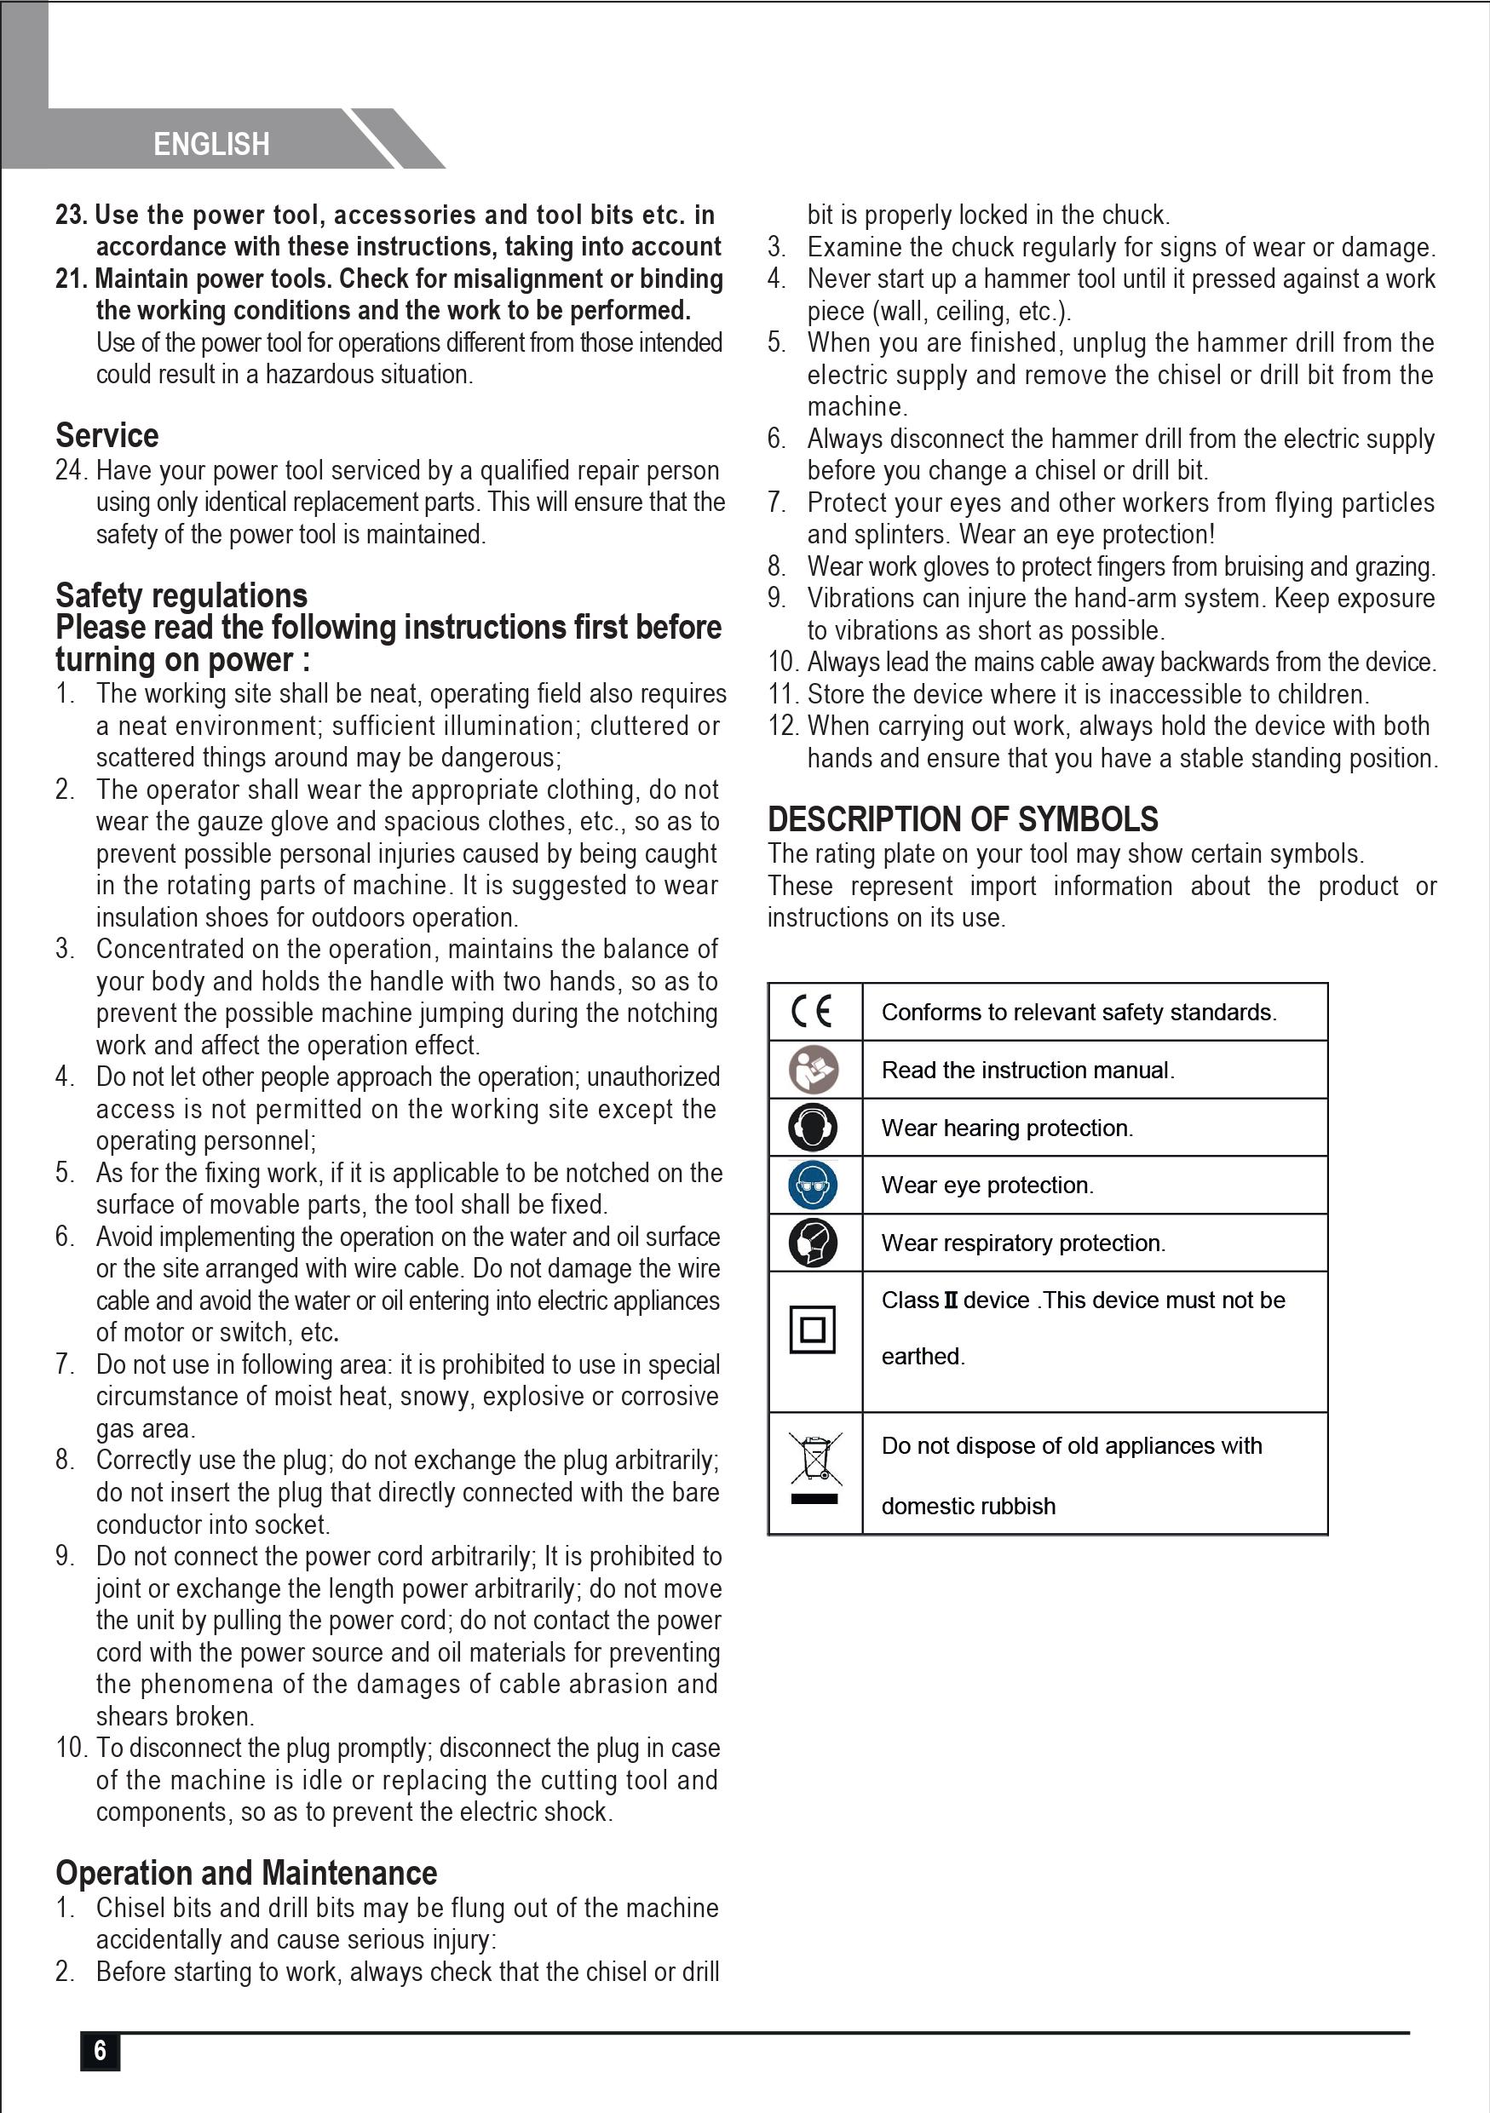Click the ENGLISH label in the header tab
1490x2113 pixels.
point(210,145)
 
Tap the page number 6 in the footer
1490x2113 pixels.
point(101,2051)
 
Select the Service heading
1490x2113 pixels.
point(106,434)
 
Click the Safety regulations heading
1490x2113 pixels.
point(181,595)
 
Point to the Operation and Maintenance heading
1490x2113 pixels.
point(245,1873)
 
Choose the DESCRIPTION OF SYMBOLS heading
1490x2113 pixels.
point(963,819)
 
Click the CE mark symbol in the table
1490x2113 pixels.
point(812,1012)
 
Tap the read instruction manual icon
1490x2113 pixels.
point(813,1070)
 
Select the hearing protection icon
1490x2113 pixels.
point(813,1128)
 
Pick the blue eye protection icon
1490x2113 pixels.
point(813,1185)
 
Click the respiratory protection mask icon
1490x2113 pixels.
point(813,1243)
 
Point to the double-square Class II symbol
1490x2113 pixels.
point(813,1329)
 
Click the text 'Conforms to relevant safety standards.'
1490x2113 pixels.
point(1079,1013)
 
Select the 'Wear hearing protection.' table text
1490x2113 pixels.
point(1007,1128)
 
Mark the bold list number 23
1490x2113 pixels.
point(70,215)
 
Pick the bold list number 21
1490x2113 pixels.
point(70,278)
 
